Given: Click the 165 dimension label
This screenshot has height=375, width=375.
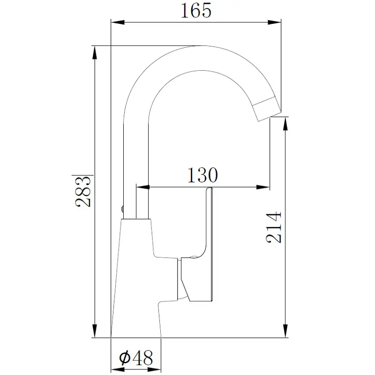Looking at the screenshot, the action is (196, 10).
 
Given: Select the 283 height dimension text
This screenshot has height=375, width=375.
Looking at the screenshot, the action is (83, 191).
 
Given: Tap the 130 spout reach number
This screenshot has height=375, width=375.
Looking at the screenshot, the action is (202, 175).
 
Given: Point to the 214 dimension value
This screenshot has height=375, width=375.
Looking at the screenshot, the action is (274, 227).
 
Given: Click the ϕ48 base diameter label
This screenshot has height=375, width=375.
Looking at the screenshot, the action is (136, 358).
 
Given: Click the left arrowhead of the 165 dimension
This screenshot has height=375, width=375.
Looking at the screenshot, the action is (118, 22).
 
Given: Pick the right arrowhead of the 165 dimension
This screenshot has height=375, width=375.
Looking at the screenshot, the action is (274, 22).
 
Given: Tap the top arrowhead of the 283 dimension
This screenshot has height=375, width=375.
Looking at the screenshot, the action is (95, 52).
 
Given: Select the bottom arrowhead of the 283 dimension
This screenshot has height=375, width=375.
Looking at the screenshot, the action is (95, 331).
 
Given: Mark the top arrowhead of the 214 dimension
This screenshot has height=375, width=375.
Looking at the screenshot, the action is (285, 124).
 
